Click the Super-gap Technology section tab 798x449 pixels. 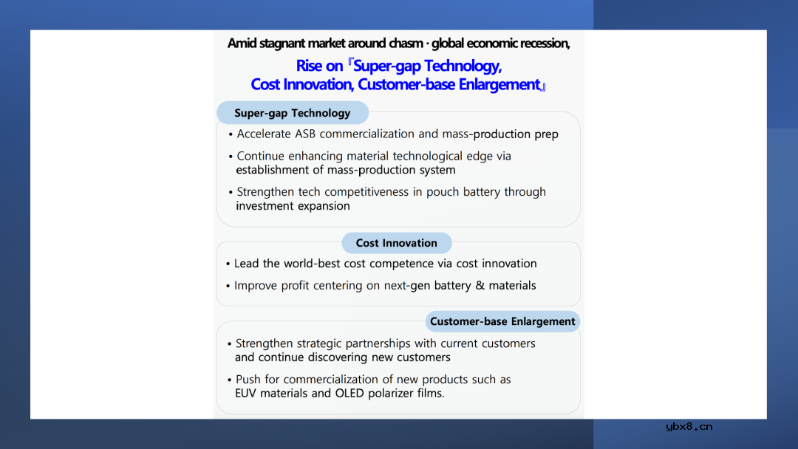[293, 113]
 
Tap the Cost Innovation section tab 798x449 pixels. [397, 243]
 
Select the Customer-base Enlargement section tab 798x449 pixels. [502, 321]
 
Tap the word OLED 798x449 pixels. [349, 394]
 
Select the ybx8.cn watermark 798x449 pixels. [689, 427]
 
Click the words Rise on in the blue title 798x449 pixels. [320, 66]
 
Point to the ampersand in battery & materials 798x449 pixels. [480, 286]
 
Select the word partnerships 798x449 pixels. [379, 343]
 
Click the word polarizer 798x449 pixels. [390, 394]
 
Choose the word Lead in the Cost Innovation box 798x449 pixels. [247, 264]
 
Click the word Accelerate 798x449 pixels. [264, 134]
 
